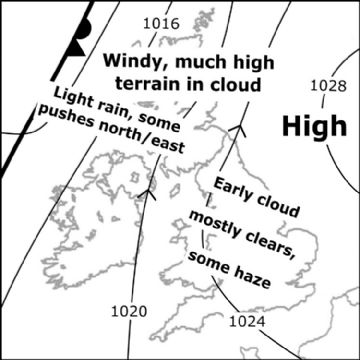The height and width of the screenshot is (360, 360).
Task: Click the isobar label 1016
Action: pos(161,23)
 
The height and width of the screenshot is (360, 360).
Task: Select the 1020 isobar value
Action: pos(128,311)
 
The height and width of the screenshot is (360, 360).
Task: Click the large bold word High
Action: pos(315,126)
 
